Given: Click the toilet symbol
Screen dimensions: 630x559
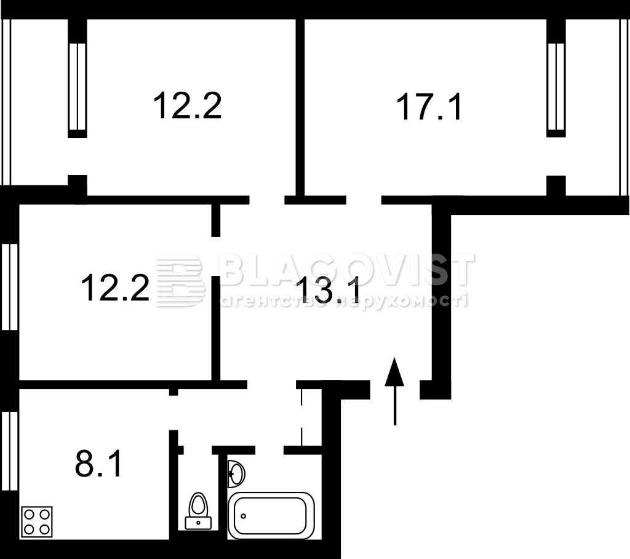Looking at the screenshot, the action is click(198, 511).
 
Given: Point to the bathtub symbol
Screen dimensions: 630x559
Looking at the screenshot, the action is click(271, 515).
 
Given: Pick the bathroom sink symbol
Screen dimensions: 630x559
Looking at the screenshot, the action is click(236, 474).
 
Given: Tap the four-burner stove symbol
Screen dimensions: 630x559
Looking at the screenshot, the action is click(36, 521).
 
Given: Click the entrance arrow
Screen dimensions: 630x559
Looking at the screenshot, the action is click(394, 391).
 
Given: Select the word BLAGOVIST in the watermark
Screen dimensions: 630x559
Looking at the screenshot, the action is click(346, 269).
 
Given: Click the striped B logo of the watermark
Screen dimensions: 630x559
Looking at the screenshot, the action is click(180, 281).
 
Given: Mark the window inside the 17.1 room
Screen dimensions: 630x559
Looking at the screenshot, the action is click(556, 87).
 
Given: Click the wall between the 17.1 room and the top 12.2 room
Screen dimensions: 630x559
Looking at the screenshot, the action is click(300, 107).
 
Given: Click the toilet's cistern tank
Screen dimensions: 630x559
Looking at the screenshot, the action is click(198, 523).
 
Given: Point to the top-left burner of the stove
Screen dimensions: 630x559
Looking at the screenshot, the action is click(30, 514).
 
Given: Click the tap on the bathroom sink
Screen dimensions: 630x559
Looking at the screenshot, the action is click(231, 474).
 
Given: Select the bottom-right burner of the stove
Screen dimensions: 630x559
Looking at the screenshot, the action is click(44, 529).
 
